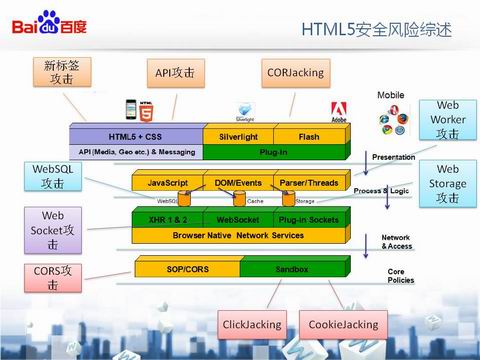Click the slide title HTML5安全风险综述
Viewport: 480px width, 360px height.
pyautogui.click(x=376, y=30)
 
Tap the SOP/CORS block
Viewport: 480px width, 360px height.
pyautogui.click(x=187, y=269)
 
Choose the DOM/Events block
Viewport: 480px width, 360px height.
pyautogui.click(x=237, y=183)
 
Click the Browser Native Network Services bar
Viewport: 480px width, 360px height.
pyautogui.click(x=237, y=234)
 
